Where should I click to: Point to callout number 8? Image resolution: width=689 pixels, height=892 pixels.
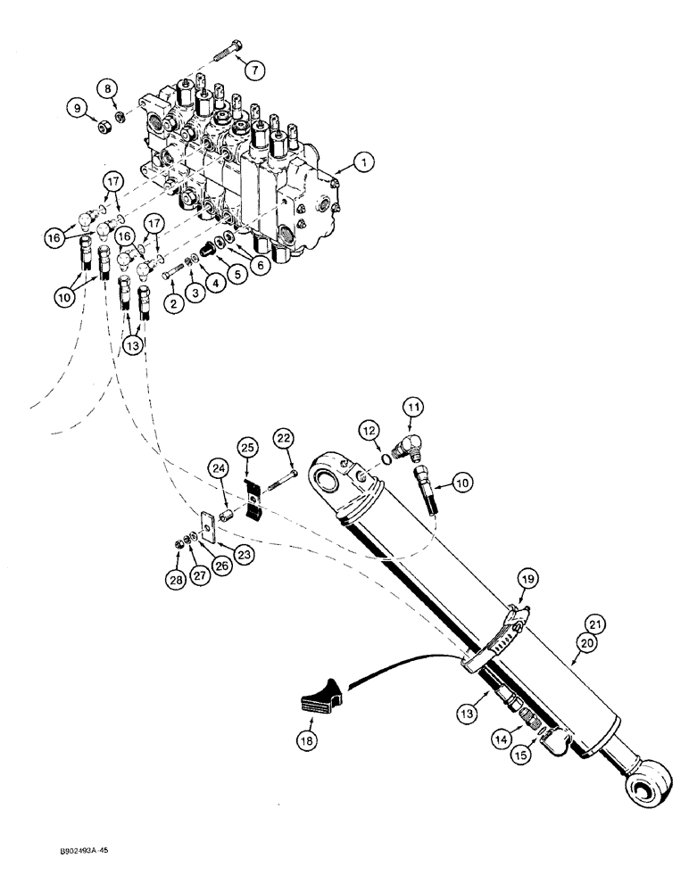(108, 88)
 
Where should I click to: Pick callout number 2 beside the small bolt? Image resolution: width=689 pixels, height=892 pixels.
(173, 302)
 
